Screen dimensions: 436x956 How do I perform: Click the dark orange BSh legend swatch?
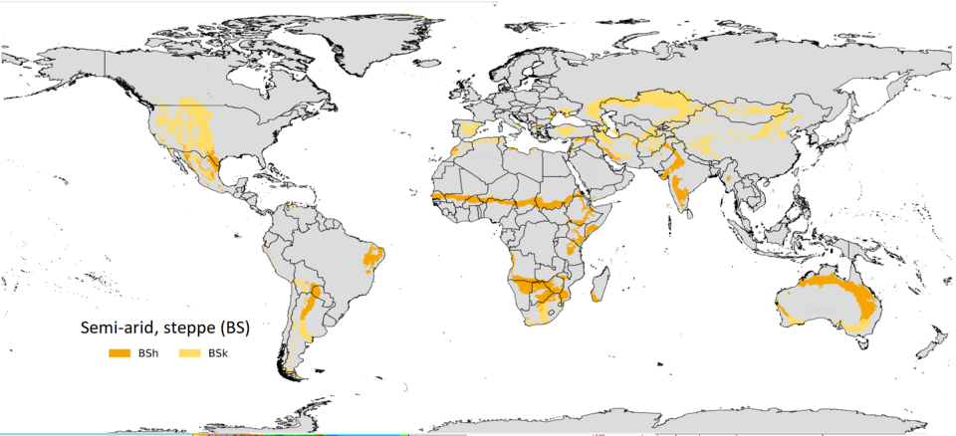119,352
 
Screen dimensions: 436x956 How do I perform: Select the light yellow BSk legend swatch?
189,352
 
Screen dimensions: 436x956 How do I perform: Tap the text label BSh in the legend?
147,352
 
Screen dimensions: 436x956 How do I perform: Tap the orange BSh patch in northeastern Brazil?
374,258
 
